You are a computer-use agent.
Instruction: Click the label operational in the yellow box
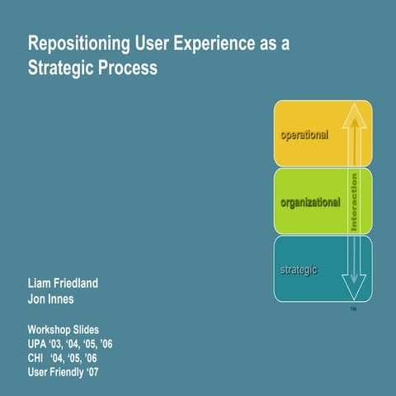pos(304,135)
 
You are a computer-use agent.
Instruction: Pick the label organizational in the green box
pos(310,202)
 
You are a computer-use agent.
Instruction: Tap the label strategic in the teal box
pos(298,271)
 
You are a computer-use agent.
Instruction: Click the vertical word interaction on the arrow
pos(354,200)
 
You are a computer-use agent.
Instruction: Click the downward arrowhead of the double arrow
pos(354,288)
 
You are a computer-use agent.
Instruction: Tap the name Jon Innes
pos(51,299)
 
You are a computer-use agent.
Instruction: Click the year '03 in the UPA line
pos(59,343)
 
